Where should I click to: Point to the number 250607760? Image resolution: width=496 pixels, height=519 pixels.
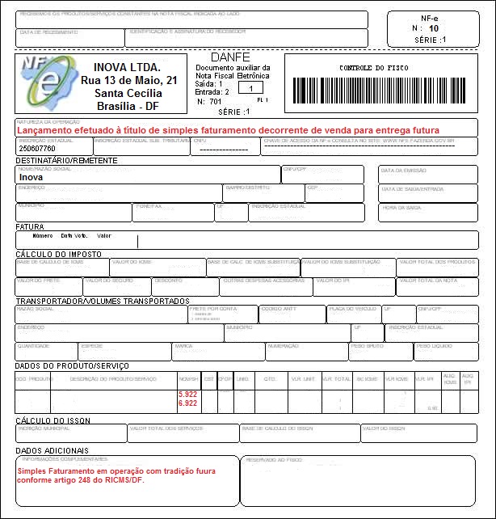(x=37, y=149)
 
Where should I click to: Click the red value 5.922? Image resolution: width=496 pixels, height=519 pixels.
(x=187, y=394)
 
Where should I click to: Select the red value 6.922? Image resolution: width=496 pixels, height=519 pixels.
(x=187, y=403)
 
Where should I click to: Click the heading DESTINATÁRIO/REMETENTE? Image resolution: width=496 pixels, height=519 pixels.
(x=67, y=161)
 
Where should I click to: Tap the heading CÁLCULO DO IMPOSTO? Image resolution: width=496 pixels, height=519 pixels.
(x=58, y=254)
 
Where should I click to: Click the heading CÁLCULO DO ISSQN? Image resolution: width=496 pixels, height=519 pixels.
(x=53, y=421)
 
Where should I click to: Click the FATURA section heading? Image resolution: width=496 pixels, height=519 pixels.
(x=30, y=227)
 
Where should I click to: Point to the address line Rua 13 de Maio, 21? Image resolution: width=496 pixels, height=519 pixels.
(x=128, y=81)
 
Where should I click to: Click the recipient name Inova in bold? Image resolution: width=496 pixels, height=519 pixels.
(x=31, y=175)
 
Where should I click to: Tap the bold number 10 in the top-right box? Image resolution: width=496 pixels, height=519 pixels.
(x=434, y=28)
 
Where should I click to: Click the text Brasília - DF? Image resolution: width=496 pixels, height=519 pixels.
(x=128, y=106)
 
